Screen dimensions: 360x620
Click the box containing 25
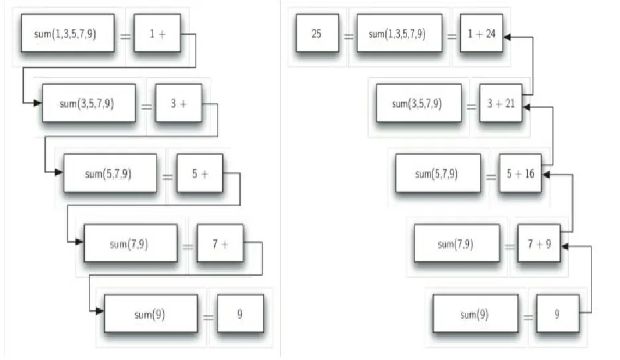pos(316,32)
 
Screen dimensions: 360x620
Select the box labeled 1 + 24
pos(477,32)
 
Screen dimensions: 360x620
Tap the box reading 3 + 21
pos(501,103)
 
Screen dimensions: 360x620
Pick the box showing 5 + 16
pos(520,174)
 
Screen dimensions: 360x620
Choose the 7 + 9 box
pos(538,245)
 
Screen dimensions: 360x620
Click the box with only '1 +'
pos(157,32)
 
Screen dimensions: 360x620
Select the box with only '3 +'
pos(178,103)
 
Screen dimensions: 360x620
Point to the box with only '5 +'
pos(200,174)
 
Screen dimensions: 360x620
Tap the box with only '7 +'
pos(220,245)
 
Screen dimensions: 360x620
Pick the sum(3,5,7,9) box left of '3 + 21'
pos(418,103)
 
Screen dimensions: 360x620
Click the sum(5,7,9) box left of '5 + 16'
pos(437,174)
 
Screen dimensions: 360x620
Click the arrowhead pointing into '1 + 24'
pos(507,37)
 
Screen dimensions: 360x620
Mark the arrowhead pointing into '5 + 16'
pos(546,174)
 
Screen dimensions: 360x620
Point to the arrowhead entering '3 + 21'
pos(527,103)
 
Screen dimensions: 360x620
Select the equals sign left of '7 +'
pos(188,247)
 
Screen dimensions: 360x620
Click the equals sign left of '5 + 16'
pos(491,176)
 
